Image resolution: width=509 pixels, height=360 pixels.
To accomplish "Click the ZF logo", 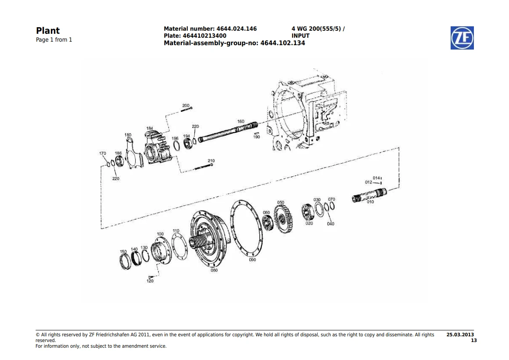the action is pos(462,38).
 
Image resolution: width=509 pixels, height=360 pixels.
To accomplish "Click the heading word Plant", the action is pos(48,31).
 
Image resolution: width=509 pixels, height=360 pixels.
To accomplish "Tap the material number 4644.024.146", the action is pos(237,29).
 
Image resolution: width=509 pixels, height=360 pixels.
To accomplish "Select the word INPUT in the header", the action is pos(301,36).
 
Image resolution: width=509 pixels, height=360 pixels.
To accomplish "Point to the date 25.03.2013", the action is pos(460,335).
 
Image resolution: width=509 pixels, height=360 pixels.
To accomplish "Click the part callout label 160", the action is pos(240,121).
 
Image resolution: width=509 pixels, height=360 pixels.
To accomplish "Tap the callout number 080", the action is pos(214,270).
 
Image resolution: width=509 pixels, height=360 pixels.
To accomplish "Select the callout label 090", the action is pos(252,260).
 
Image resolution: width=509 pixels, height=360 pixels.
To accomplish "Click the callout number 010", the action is pos(370,202).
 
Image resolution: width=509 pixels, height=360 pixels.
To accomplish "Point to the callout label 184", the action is pos(150,128).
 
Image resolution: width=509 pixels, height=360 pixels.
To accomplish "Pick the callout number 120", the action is pos(150,281).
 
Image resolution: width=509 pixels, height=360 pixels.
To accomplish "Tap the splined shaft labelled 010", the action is pos(369,195).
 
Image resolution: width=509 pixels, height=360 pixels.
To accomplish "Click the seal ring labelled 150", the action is pos(125,262).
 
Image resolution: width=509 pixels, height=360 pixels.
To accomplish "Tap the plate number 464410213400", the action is pos(204,36).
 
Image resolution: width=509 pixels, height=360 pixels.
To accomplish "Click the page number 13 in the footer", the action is pos(474,341).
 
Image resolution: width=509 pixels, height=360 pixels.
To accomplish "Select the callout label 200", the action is pos(186,105).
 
